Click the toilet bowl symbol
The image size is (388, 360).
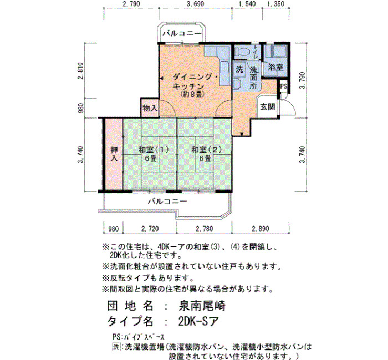(244, 52)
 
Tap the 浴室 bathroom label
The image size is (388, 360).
(275, 67)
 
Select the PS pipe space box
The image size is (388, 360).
(284, 86)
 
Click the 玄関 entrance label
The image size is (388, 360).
(268, 107)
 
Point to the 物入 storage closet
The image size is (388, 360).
(150, 107)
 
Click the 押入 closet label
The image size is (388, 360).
(114, 154)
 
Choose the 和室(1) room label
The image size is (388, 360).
(154, 150)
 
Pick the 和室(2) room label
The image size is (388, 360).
(207, 150)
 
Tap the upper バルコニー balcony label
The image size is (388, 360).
(182, 33)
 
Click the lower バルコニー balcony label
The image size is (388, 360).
(167, 201)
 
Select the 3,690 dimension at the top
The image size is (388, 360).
(195, 4)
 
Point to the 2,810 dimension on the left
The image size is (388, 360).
(81, 70)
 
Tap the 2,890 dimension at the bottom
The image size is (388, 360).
(261, 228)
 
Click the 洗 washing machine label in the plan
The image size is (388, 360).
(239, 69)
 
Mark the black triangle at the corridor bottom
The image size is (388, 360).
(242, 134)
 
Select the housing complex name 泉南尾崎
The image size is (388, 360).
(202, 306)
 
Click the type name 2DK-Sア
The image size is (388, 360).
(198, 321)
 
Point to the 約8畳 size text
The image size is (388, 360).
(192, 94)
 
